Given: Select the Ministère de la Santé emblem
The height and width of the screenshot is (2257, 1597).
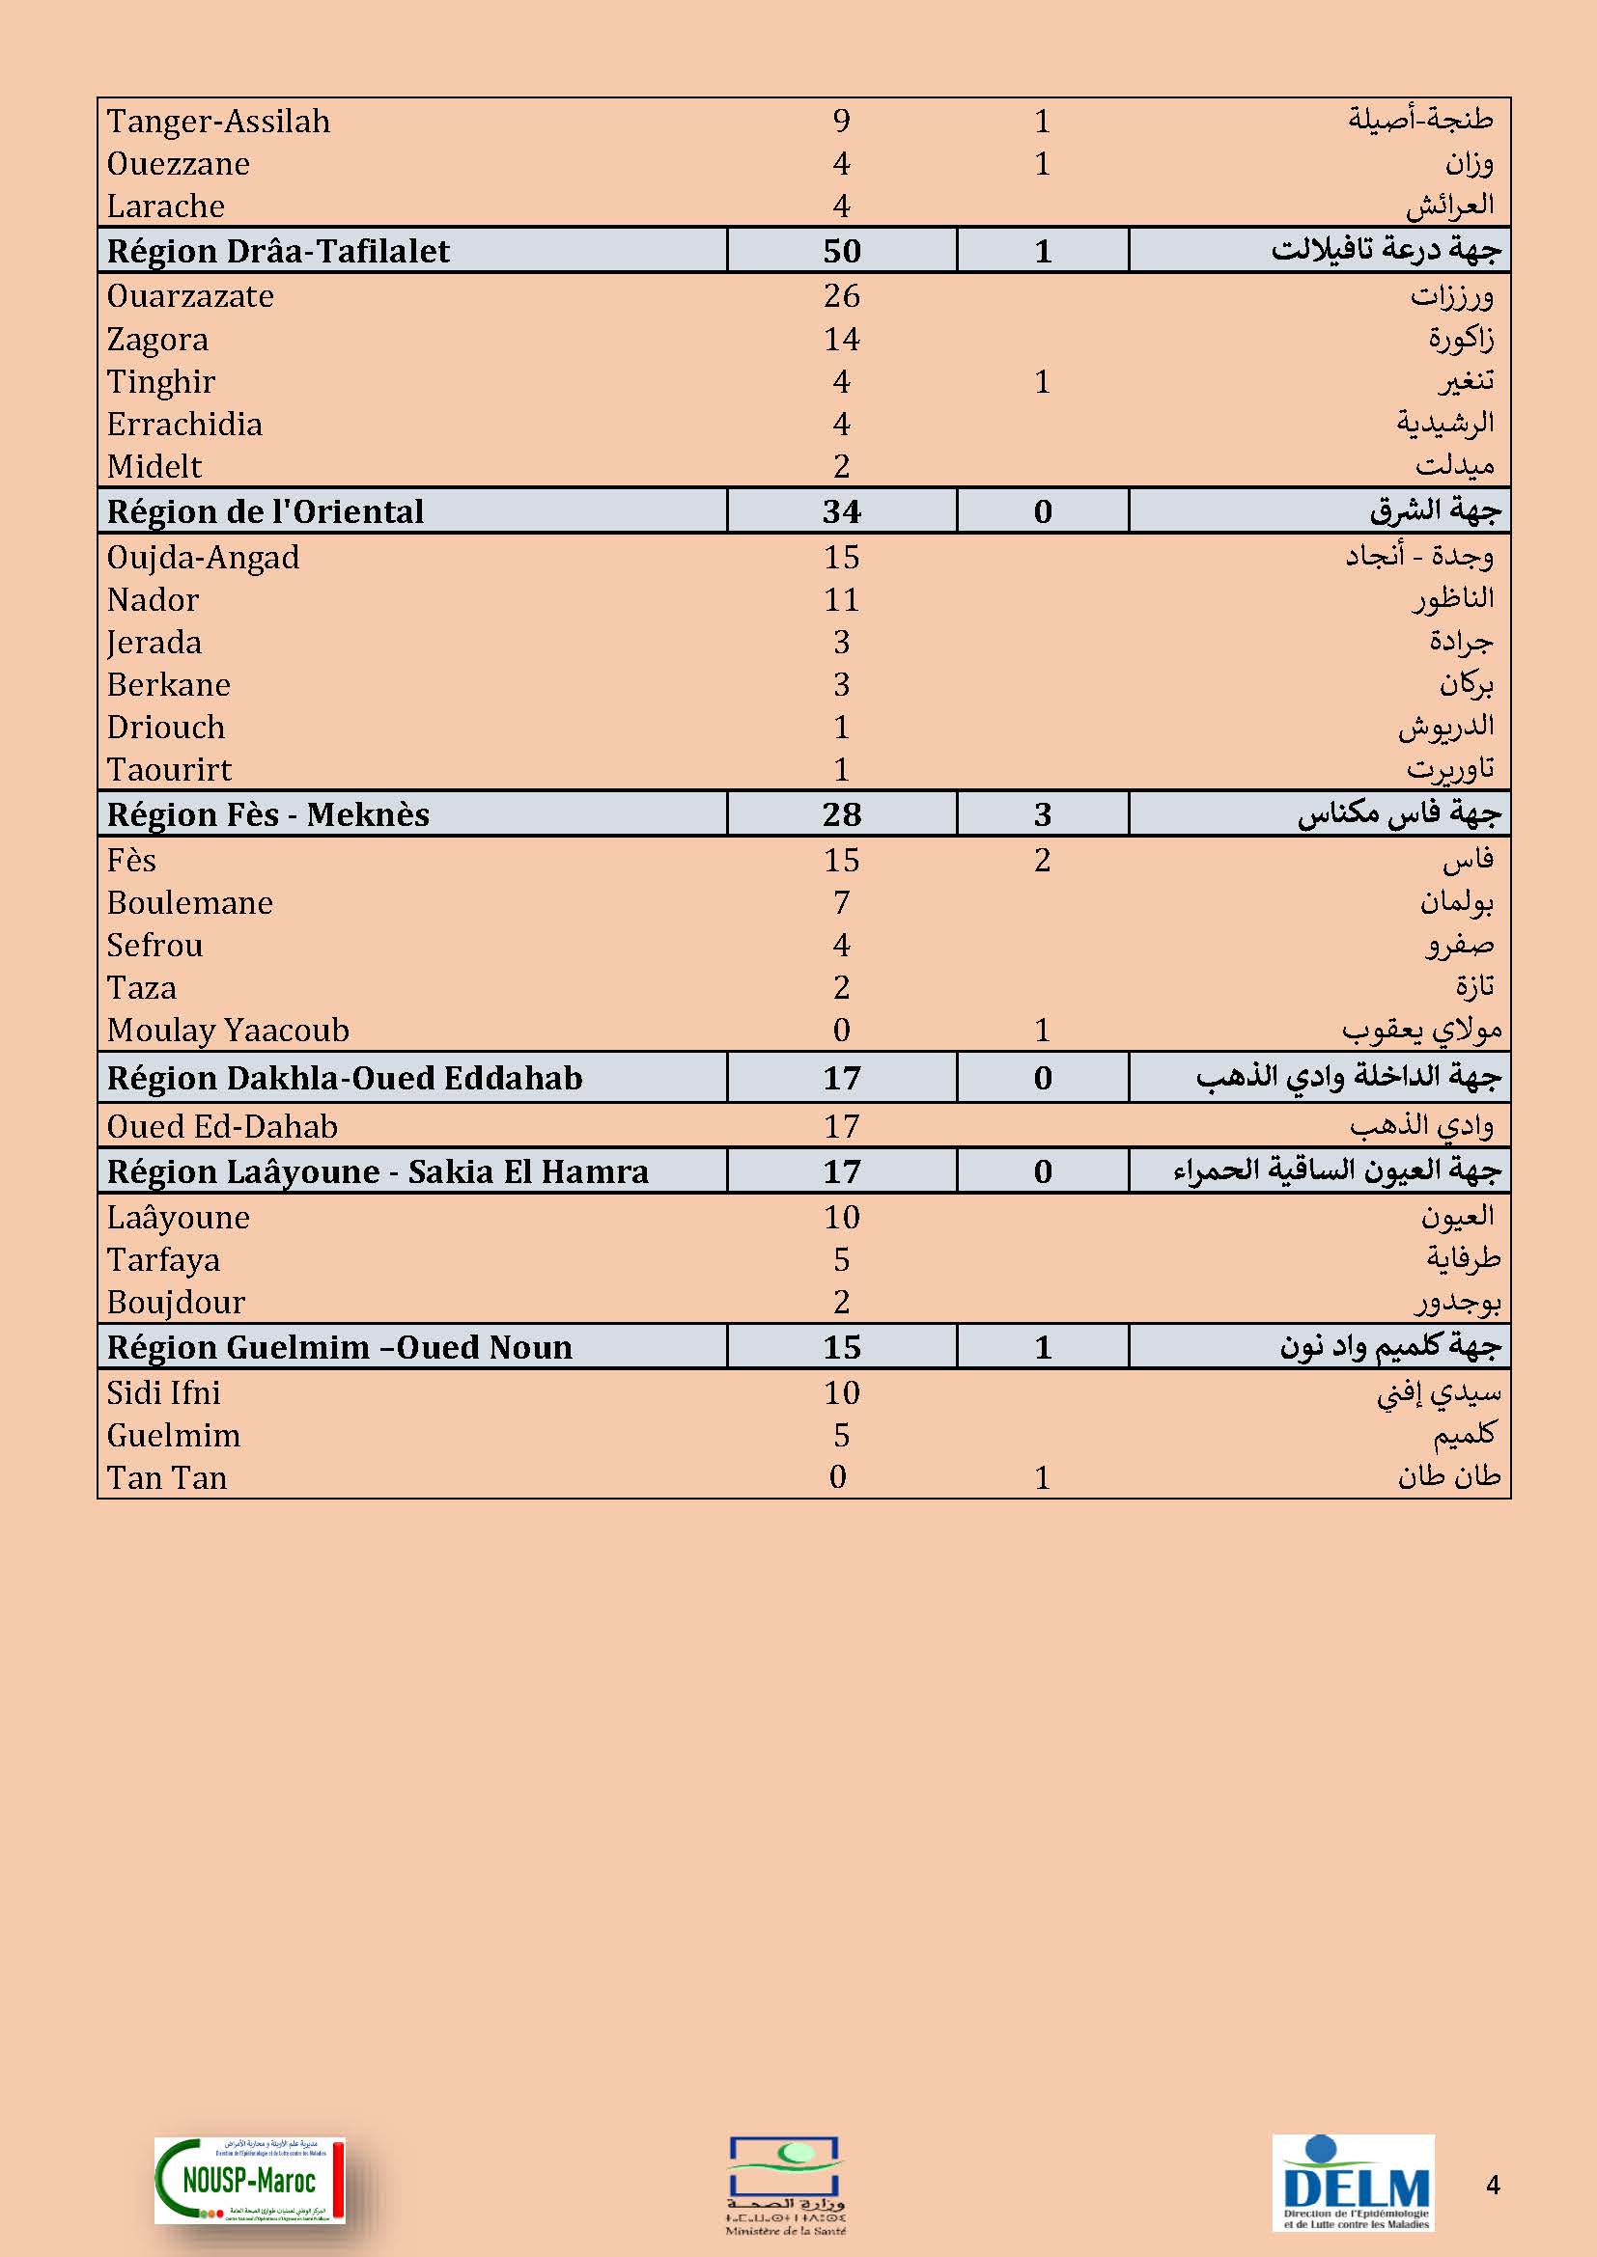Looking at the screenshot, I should [x=786, y=2185].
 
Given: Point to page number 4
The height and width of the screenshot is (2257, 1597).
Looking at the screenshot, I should [x=1492, y=2185].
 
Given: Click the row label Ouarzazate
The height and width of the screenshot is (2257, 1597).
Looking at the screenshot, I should [x=191, y=296].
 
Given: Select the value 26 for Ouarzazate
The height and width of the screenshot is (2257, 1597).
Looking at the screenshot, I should [x=842, y=296].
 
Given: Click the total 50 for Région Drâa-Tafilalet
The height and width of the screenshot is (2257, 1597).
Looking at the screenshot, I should [x=842, y=251].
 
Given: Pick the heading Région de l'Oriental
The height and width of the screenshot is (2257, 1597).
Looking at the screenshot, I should [x=266, y=511].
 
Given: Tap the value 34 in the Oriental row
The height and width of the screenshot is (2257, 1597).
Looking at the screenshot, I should [x=842, y=511].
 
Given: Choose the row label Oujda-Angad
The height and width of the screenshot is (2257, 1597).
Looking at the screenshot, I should [x=204, y=558].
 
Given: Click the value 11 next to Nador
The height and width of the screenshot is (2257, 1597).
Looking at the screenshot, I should [x=842, y=599].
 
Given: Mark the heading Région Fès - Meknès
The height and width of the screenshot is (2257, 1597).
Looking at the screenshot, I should [x=268, y=814].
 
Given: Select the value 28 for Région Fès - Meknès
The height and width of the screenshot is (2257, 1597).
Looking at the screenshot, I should [x=842, y=814].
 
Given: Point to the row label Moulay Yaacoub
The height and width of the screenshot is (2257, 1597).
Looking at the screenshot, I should [x=228, y=1031].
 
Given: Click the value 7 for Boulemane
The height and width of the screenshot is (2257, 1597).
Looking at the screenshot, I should [x=842, y=902].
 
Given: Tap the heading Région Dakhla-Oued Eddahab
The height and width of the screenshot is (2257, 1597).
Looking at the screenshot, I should [x=344, y=1078].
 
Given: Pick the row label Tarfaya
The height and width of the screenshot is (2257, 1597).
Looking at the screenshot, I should [x=163, y=1259].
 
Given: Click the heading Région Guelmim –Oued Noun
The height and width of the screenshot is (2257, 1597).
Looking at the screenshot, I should [x=339, y=1347].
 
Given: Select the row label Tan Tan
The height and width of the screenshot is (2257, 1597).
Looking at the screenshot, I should [x=167, y=1477].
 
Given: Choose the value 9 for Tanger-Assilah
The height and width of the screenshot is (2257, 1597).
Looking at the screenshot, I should [x=842, y=121].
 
